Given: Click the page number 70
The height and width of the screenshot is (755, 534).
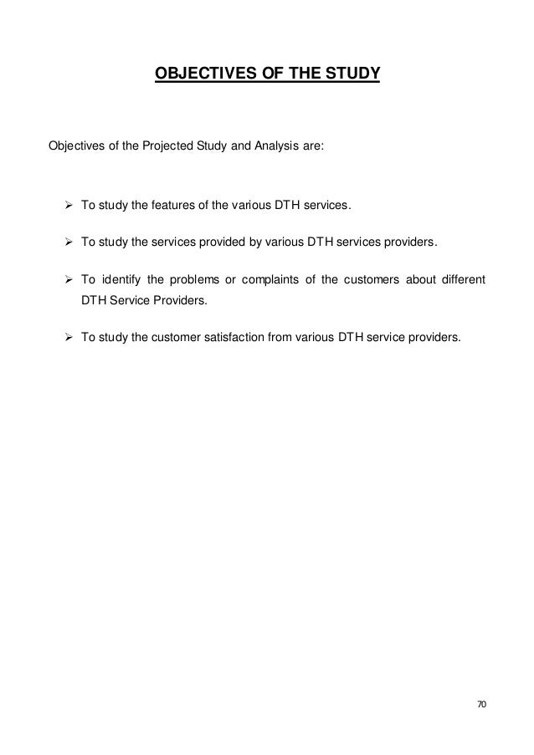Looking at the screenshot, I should tap(480, 705).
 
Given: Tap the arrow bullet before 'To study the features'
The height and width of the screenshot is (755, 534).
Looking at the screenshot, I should tap(69, 207).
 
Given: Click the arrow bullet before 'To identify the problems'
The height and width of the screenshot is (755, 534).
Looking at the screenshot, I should tap(69, 278).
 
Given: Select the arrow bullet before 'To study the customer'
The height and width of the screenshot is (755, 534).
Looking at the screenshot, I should tap(69, 338).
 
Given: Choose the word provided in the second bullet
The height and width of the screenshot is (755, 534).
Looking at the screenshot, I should tap(203, 242).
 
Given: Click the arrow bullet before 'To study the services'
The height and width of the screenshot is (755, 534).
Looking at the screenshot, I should tap(69, 242).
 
